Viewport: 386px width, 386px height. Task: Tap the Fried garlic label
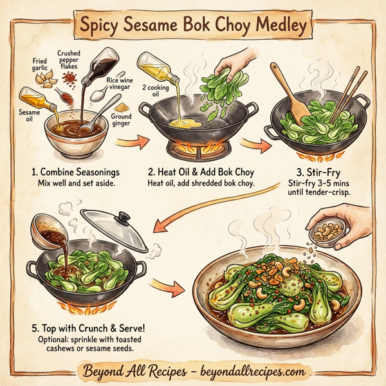point(41,66)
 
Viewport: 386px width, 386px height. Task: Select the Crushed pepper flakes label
point(69,62)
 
